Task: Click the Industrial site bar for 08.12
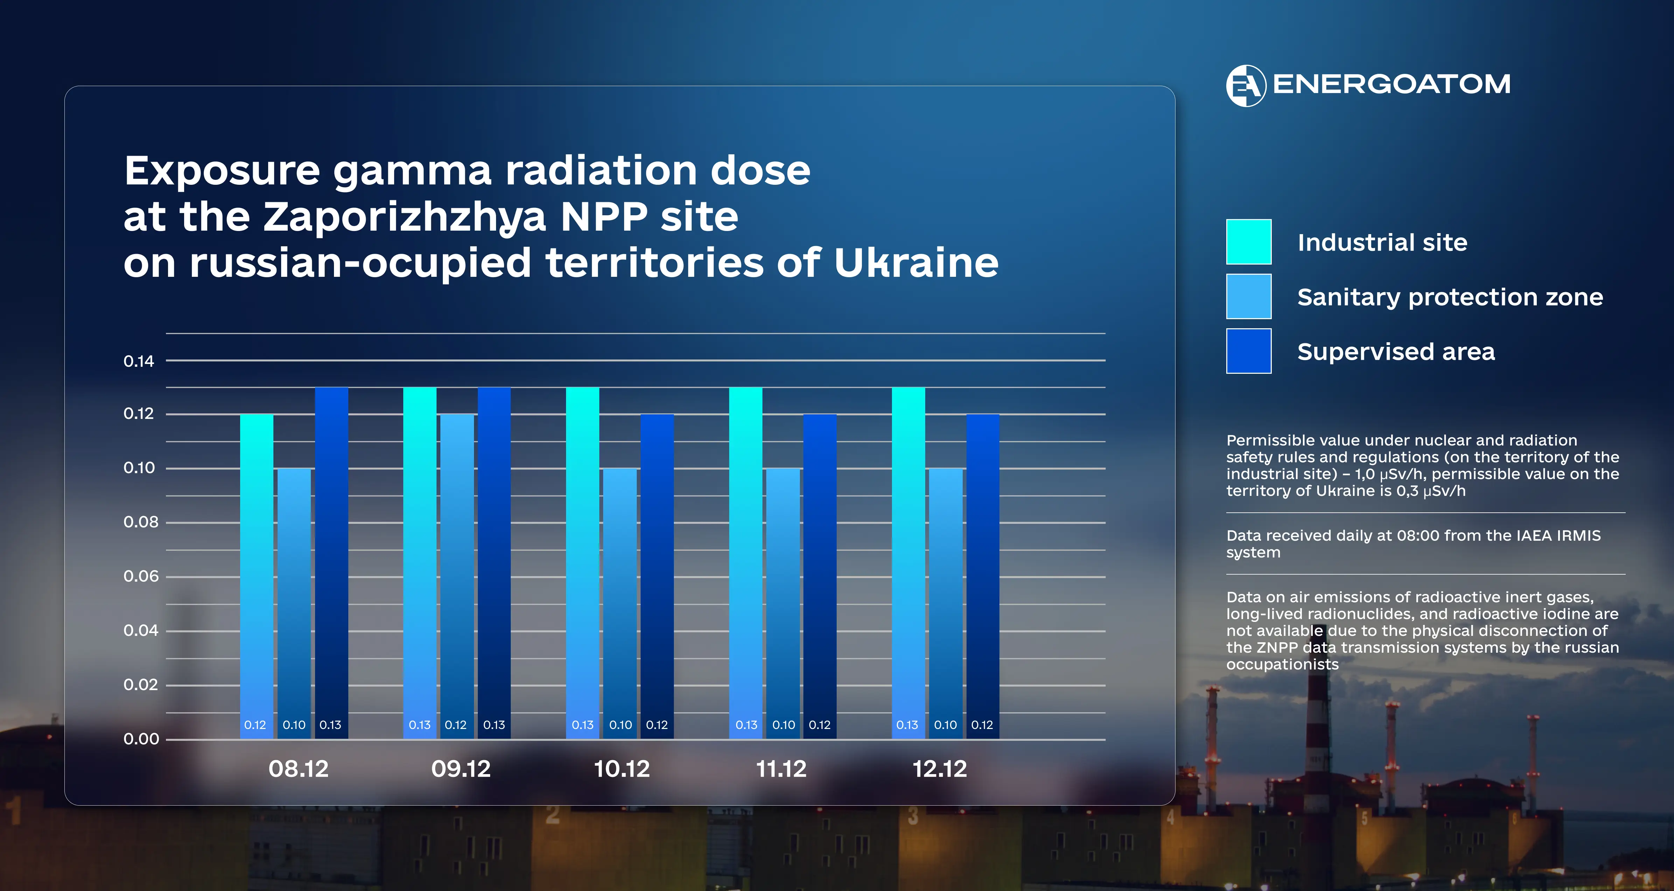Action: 257,575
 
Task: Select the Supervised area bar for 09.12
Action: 494,562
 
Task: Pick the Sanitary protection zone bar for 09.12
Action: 457,575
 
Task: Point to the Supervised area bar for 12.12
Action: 983,575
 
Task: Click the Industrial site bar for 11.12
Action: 745,562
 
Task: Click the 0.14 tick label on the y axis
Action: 139,362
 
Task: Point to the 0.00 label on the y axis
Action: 141,739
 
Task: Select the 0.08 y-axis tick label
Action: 140,522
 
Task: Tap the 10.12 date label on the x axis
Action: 622,769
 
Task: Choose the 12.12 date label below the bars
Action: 940,769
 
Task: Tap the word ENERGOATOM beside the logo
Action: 1391,84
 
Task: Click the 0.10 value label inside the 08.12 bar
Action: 294,725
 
